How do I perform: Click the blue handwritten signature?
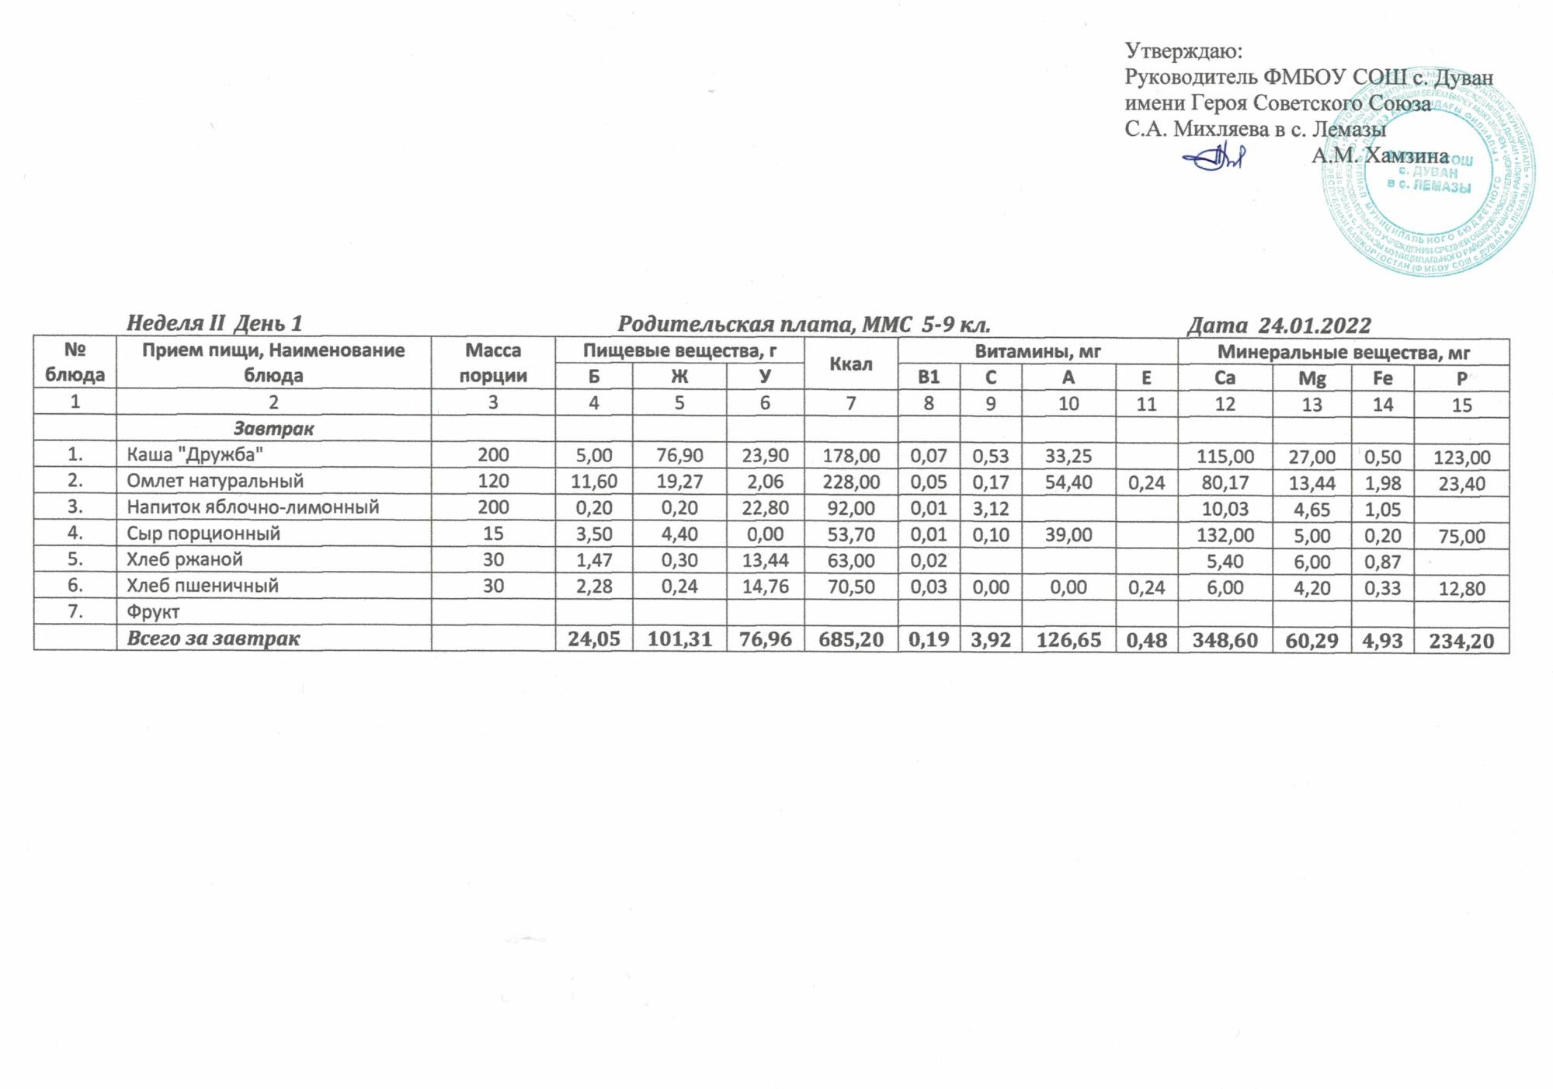(x=1213, y=159)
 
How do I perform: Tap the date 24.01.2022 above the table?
(x=1279, y=325)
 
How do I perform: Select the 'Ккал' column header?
(x=851, y=364)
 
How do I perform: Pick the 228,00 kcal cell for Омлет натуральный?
(x=851, y=482)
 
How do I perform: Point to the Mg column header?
(x=1312, y=378)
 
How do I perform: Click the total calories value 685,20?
(x=851, y=639)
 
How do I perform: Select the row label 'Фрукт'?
(x=154, y=612)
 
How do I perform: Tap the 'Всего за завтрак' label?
(x=214, y=638)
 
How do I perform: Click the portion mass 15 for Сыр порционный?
(x=493, y=534)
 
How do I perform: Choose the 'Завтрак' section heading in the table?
(x=273, y=428)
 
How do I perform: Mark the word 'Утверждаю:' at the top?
(x=1183, y=51)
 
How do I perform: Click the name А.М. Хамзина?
(x=1380, y=156)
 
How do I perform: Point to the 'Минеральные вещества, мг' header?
(x=1343, y=353)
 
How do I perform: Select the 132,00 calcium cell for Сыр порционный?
(x=1225, y=535)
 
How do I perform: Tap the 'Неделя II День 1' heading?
(x=214, y=323)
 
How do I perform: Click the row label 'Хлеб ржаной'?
(x=185, y=559)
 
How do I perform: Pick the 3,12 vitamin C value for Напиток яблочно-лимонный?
(x=990, y=508)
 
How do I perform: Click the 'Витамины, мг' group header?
(x=1037, y=352)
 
